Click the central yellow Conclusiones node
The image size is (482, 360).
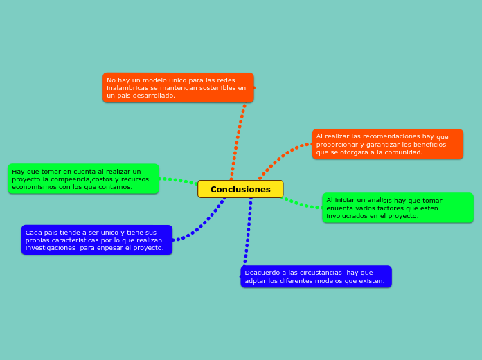[x=240, y=189]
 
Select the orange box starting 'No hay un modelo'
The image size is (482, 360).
[x=178, y=88]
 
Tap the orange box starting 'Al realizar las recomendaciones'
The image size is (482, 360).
[x=387, y=144]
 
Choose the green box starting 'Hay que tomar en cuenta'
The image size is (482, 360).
[x=83, y=179]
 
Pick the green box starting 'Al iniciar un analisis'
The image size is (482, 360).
[x=398, y=208]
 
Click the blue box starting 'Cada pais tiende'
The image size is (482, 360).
[x=96, y=240]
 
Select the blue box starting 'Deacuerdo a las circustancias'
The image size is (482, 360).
[x=316, y=276]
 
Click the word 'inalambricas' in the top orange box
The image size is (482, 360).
[x=127, y=88]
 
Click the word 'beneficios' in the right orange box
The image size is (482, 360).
[x=429, y=145]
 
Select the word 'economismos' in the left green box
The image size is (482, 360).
[x=35, y=187]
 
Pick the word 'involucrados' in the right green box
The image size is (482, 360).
[x=347, y=216]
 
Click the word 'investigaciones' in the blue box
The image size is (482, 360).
[x=50, y=248]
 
